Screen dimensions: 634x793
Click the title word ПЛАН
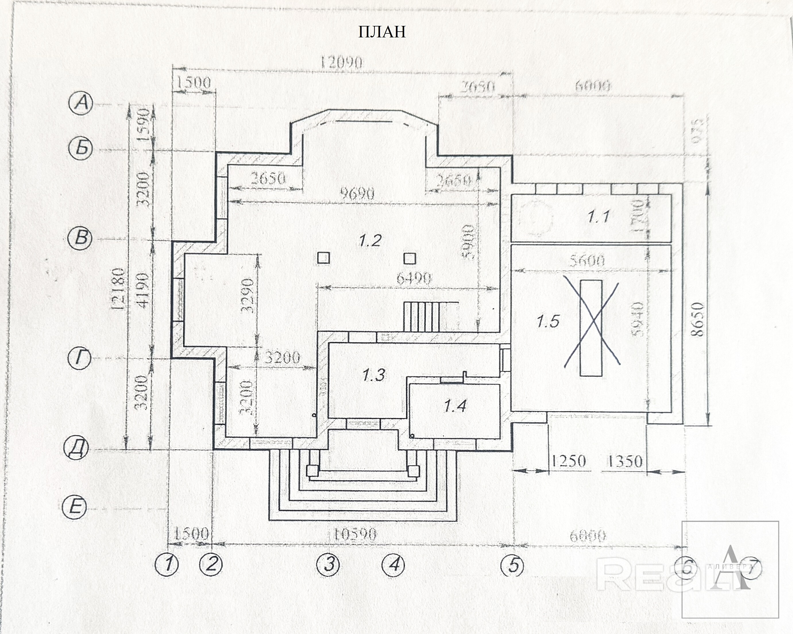coord(382,32)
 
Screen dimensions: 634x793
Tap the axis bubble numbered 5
coord(514,564)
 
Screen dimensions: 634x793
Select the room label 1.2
coord(370,241)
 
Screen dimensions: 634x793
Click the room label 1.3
coord(373,375)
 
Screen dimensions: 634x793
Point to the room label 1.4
coord(455,406)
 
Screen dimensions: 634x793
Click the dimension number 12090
coord(341,63)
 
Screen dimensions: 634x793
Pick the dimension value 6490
coord(413,279)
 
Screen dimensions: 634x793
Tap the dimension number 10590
coord(355,534)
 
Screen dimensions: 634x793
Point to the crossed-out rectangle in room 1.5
coord(591,328)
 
